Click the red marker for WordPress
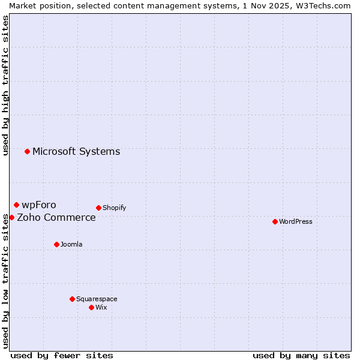pos(275,221)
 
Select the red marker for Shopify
pos(98,208)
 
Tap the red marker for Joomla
pos(56,244)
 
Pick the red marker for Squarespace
pos(72,299)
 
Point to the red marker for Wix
pos(91,307)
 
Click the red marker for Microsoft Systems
pos(27,151)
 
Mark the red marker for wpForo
pos(16,205)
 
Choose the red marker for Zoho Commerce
pos(11,217)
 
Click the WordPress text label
pos(296,221)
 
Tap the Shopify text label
pos(114,208)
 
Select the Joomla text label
pos(71,244)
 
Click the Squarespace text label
pos(97,299)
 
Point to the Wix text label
pos(101,307)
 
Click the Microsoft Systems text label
pos(76,151)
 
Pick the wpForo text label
pos(39,205)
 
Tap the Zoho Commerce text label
pos(56,217)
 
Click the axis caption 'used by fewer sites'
pos(62,355)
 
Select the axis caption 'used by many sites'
pos(301,355)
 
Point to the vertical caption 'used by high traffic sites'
pos(5,85)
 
